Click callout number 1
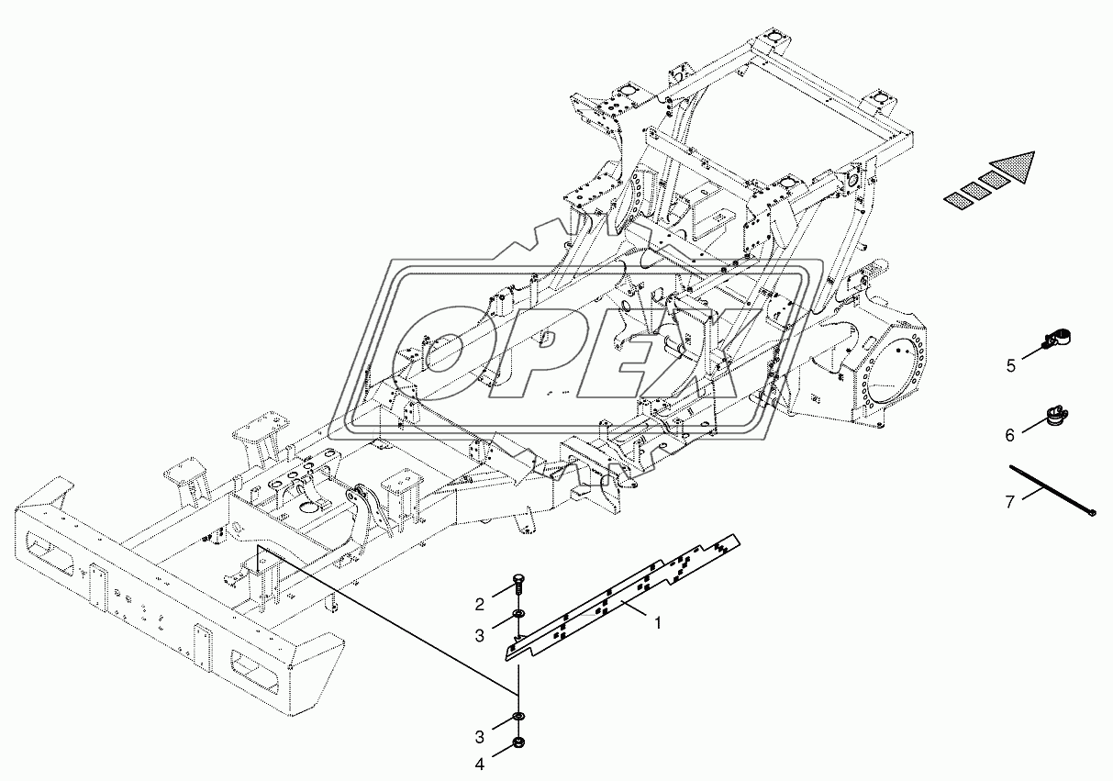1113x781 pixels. click(658, 622)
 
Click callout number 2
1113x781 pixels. click(480, 605)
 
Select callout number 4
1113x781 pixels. click(480, 764)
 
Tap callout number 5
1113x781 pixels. click(1011, 366)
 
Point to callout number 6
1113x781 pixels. click(1010, 435)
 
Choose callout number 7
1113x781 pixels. click(1009, 502)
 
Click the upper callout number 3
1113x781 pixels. click(480, 635)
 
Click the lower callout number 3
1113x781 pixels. click(480, 737)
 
